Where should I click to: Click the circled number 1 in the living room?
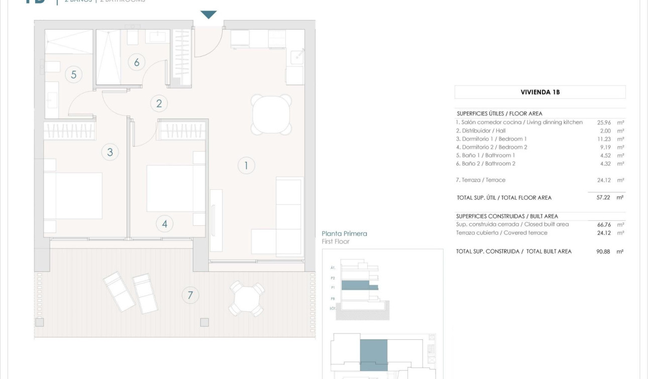[x=246, y=165]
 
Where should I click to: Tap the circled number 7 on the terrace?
[x=190, y=295]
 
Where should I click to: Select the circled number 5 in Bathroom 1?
[x=73, y=75]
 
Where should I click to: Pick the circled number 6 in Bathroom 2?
[x=136, y=62]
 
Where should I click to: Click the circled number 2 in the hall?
[x=159, y=104]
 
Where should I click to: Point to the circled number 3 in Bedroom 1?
[x=110, y=152]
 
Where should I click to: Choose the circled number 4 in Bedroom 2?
[x=165, y=224]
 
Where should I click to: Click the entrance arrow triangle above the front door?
[x=208, y=15]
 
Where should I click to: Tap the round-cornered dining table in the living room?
[x=271, y=115]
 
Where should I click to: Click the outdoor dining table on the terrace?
[x=247, y=299]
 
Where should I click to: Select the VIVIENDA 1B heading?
[x=540, y=92]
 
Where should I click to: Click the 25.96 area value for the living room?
[x=603, y=122]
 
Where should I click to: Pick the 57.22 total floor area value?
[x=603, y=198]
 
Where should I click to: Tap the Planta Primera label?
[x=344, y=233]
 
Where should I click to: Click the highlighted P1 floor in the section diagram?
[x=359, y=286]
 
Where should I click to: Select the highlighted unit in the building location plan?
[x=374, y=354]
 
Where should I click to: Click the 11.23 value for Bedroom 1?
[x=603, y=139]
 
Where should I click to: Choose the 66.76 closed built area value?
[x=603, y=225]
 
